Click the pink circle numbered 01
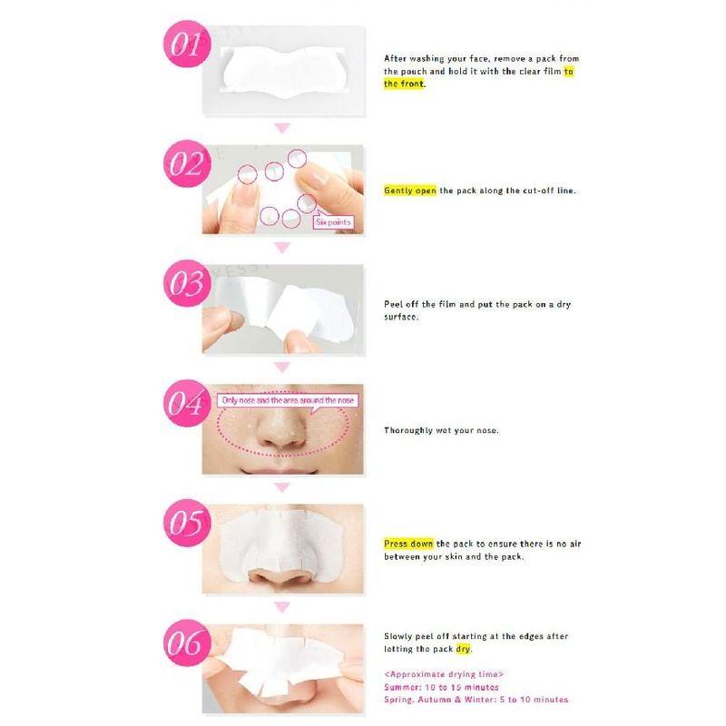[185, 46]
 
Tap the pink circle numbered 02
[186, 166]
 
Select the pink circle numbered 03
[186, 285]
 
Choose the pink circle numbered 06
[186, 644]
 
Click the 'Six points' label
[332, 221]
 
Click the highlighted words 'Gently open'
[410, 191]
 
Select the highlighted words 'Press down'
[408, 544]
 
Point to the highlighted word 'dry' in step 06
[464, 649]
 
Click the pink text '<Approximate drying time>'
[444, 674]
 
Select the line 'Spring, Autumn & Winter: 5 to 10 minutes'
[476, 700]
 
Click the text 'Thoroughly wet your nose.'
[441, 430]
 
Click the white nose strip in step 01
[280, 72]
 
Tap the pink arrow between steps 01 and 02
[282, 128]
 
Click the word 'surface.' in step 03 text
[401, 318]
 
